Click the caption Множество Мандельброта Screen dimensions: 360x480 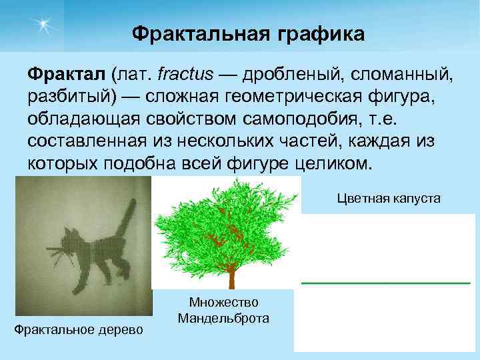coord(223,310)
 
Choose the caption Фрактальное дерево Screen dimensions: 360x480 coord(79,329)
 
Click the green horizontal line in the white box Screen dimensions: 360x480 coord(385,283)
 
